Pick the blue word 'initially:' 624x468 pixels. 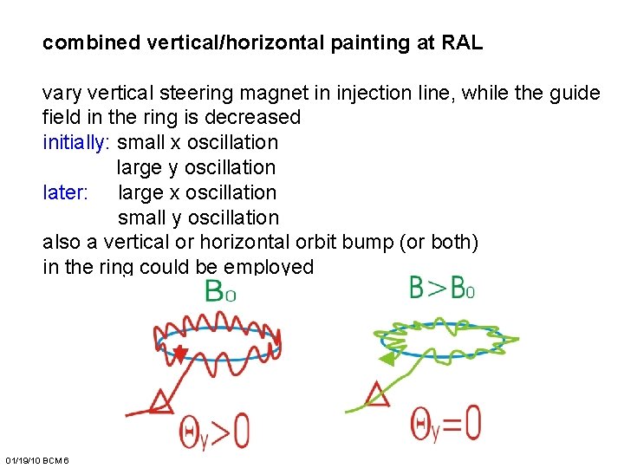coord(77,142)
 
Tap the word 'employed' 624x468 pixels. coord(274,267)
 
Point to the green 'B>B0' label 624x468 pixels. coord(441,287)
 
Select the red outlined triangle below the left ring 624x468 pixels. coord(160,400)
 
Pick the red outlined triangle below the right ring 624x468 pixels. coord(377,394)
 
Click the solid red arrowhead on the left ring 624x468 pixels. coord(179,354)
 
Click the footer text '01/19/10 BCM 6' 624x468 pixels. coord(36,458)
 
